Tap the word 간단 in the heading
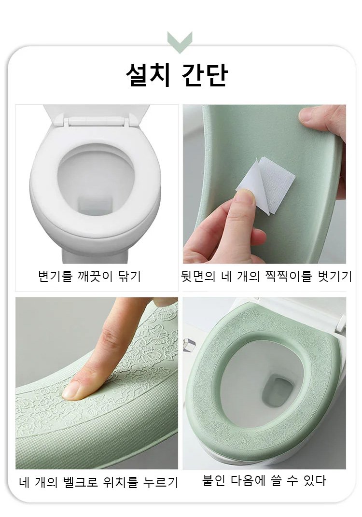click(205, 75)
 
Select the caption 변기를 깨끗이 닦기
click(90, 276)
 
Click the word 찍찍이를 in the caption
click(288, 276)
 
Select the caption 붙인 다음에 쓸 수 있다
click(264, 480)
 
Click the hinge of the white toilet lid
click(97, 121)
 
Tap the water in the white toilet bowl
click(96, 204)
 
